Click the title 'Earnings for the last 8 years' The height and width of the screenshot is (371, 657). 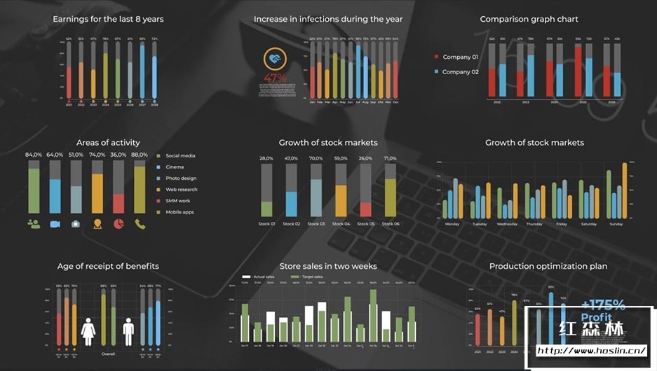(108, 19)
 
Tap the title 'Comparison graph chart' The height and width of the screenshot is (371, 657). (529, 19)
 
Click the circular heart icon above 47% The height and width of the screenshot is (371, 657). (276, 59)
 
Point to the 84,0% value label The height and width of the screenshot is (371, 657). (34, 155)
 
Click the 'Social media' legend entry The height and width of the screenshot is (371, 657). (180, 155)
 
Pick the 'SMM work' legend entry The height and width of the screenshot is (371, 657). (177, 201)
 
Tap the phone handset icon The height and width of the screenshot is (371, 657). (140, 224)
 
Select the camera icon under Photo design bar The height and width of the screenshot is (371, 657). (76, 224)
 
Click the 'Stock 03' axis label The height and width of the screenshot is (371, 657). (317, 224)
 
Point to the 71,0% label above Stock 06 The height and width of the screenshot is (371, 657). (390, 158)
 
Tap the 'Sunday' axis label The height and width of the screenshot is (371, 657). (616, 224)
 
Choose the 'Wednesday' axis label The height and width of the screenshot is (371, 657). (507, 224)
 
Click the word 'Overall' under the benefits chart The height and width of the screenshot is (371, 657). (108, 353)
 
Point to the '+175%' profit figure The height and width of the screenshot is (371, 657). (603, 304)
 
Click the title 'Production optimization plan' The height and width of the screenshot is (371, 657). (548, 266)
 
